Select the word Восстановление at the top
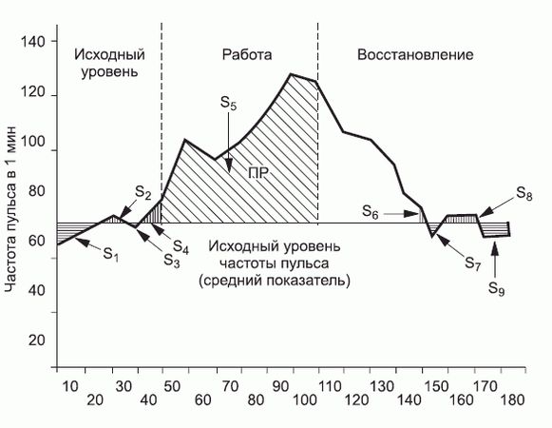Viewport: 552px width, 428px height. pyautogui.click(x=415, y=54)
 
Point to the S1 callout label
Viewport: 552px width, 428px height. pyautogui.click(x=110, y=255)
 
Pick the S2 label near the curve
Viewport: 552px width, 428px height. pyautogui.click(x=143, y=194)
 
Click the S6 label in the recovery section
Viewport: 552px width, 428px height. pyautogui.click(x=371, y=214)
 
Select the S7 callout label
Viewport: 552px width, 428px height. pyautogui.click(x=472, y=263)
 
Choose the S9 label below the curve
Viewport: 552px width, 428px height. pyautogui.click(x=498, y=289)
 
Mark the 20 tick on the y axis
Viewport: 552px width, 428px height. pyautogui.click(x=36, y=339)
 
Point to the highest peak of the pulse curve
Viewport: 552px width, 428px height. pyautogui.click(x=291, y=74)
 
